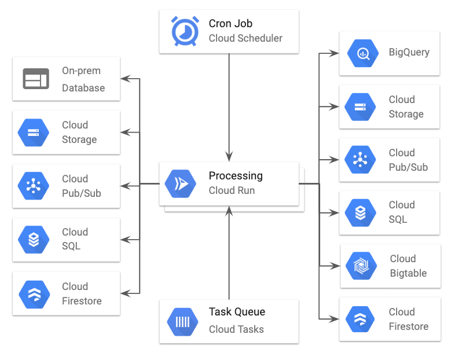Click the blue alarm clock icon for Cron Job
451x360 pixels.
185,31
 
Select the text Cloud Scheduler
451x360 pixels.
245,39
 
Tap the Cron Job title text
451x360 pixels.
230,24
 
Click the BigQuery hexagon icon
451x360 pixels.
362,54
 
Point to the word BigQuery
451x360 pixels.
409,52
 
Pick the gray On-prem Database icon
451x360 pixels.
35,79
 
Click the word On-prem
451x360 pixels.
81,71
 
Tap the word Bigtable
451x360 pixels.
408,273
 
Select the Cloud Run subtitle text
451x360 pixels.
232,190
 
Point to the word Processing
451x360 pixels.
236,176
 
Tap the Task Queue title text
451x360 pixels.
237,312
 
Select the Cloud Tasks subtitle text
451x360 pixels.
236,329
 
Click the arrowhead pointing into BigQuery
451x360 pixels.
335,53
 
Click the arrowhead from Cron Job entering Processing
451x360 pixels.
229,157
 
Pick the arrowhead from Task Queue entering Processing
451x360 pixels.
229,210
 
